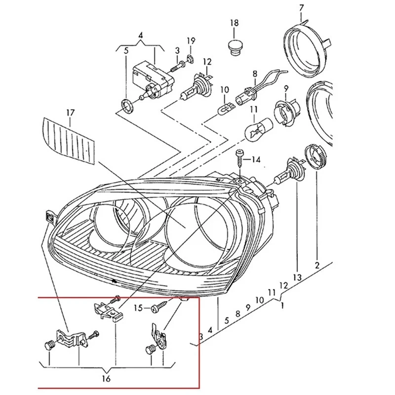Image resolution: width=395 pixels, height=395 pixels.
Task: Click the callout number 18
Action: (234, 23)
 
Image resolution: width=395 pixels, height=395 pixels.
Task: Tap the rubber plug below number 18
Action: (234, 47)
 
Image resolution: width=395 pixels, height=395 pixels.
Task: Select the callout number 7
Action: (301, 7)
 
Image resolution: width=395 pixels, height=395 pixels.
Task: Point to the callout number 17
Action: (70, 113)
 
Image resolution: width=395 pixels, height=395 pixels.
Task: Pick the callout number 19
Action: (191, 40)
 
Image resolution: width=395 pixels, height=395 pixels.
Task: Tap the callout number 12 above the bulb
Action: (207, 62)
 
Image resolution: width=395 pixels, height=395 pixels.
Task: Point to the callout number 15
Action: (139, 308)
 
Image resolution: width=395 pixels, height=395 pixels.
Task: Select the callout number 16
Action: (107, 379)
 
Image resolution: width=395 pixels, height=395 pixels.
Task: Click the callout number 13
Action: (297, 277)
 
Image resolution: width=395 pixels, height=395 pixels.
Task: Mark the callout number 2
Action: (317, 265)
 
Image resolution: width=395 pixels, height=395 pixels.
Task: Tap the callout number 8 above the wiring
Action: (255, 74)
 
